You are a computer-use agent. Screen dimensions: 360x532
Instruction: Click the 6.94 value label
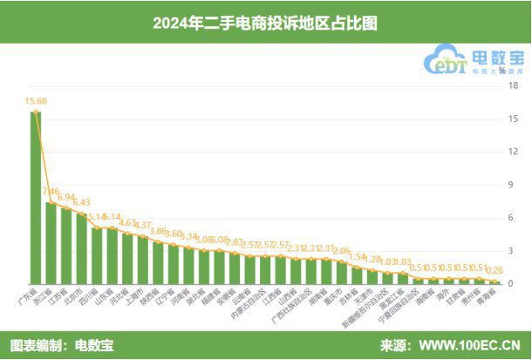coord(67,198)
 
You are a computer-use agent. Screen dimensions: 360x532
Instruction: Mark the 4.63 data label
coord(128,223)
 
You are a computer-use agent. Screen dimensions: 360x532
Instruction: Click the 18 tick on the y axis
coord(514,85)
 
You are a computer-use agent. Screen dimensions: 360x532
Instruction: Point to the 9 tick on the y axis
coord(514,184)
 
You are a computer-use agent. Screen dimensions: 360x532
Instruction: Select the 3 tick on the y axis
coord(514,250)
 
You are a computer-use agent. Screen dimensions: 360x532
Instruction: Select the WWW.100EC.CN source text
coord(471,345)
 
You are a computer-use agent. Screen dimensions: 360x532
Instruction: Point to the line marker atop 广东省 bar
coord(36,112)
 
